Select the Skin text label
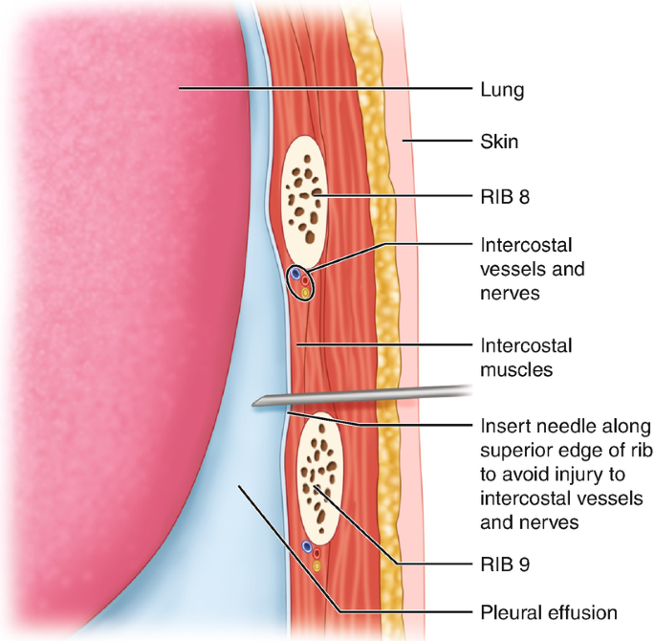pos(499,143)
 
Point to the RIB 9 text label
pos(503,564)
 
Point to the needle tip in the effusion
pos(256,406)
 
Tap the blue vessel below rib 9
pos(307,547)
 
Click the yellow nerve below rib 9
pos(317,566)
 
